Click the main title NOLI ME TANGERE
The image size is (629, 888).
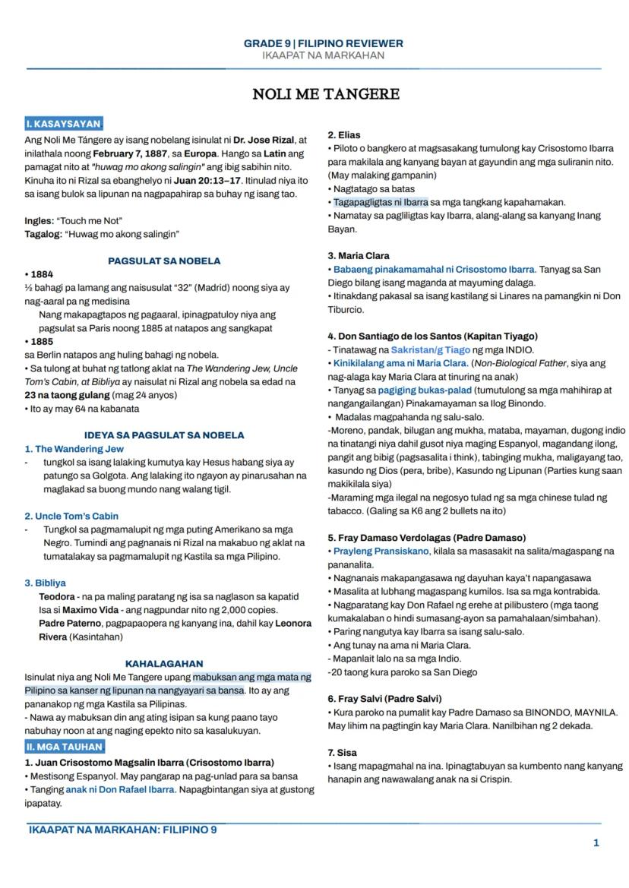(326, 95)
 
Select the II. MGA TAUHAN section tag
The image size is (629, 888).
(64, 747)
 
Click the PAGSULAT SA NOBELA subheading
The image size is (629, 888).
(164, 261)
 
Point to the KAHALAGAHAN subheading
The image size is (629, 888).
(164, 663)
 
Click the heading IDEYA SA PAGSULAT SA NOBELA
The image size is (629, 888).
(164, 435)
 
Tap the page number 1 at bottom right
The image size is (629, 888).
(596, 842)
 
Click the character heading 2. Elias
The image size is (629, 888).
(344, 134)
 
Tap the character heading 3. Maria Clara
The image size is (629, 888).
(359, 256)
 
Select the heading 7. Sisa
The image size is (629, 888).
(342, 752)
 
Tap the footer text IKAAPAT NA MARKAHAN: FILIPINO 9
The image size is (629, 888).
(122, 830)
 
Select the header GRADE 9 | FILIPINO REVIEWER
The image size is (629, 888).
(323, 43)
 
